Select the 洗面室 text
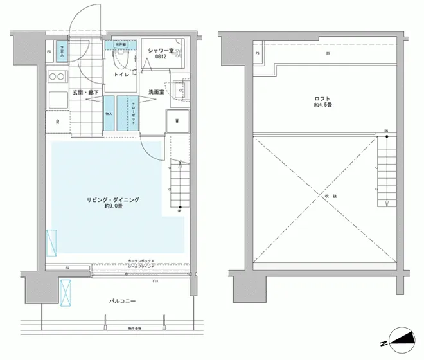pyautogui.click(x=157, y=91)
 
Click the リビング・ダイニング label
pyautogui.click(x=113, y=200)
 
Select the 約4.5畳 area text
pyautogui.click(x=322, y=106)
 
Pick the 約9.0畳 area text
pyautogui.click(x=113, y=208)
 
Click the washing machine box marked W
pyautogui.click(x=176, y=120)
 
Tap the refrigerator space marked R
pyautogui.click(x=58, y=121)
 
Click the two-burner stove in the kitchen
pyautogui.click(x=57, y=78)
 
